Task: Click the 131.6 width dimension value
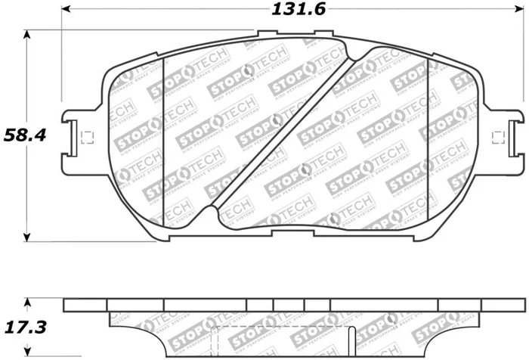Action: pyautogui.click(x=290, y=10)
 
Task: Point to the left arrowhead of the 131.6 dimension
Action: pyautogui.click(x=65, y=10)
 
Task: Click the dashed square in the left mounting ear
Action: pyautogui.click(x=85, y=137)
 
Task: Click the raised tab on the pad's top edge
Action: pyautogui.click(x=295, y=33)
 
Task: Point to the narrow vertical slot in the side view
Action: pyautogui.click(x=351, y=340)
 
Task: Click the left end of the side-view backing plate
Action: pyautogui.click(x=68, y=305)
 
